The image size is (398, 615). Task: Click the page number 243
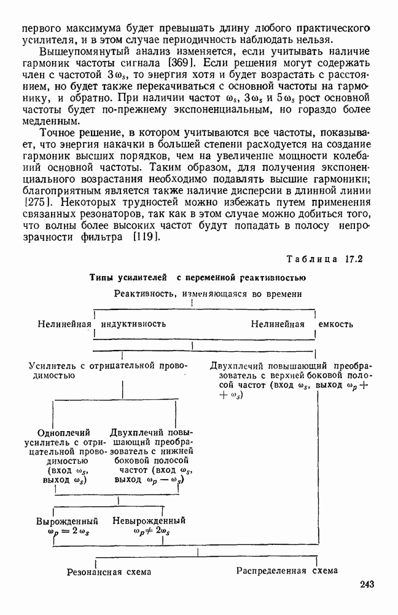coord(362,584)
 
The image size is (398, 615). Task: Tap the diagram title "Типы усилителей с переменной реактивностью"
coord(198,277)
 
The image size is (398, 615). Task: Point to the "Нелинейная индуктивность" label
coord(101,323)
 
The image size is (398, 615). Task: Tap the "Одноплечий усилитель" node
coord(64,456)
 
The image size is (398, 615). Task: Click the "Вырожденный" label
coord(66,520)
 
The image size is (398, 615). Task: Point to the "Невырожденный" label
coord(149,520)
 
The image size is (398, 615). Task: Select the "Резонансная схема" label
coord(109,571)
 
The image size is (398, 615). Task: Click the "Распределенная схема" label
coord(287,570)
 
